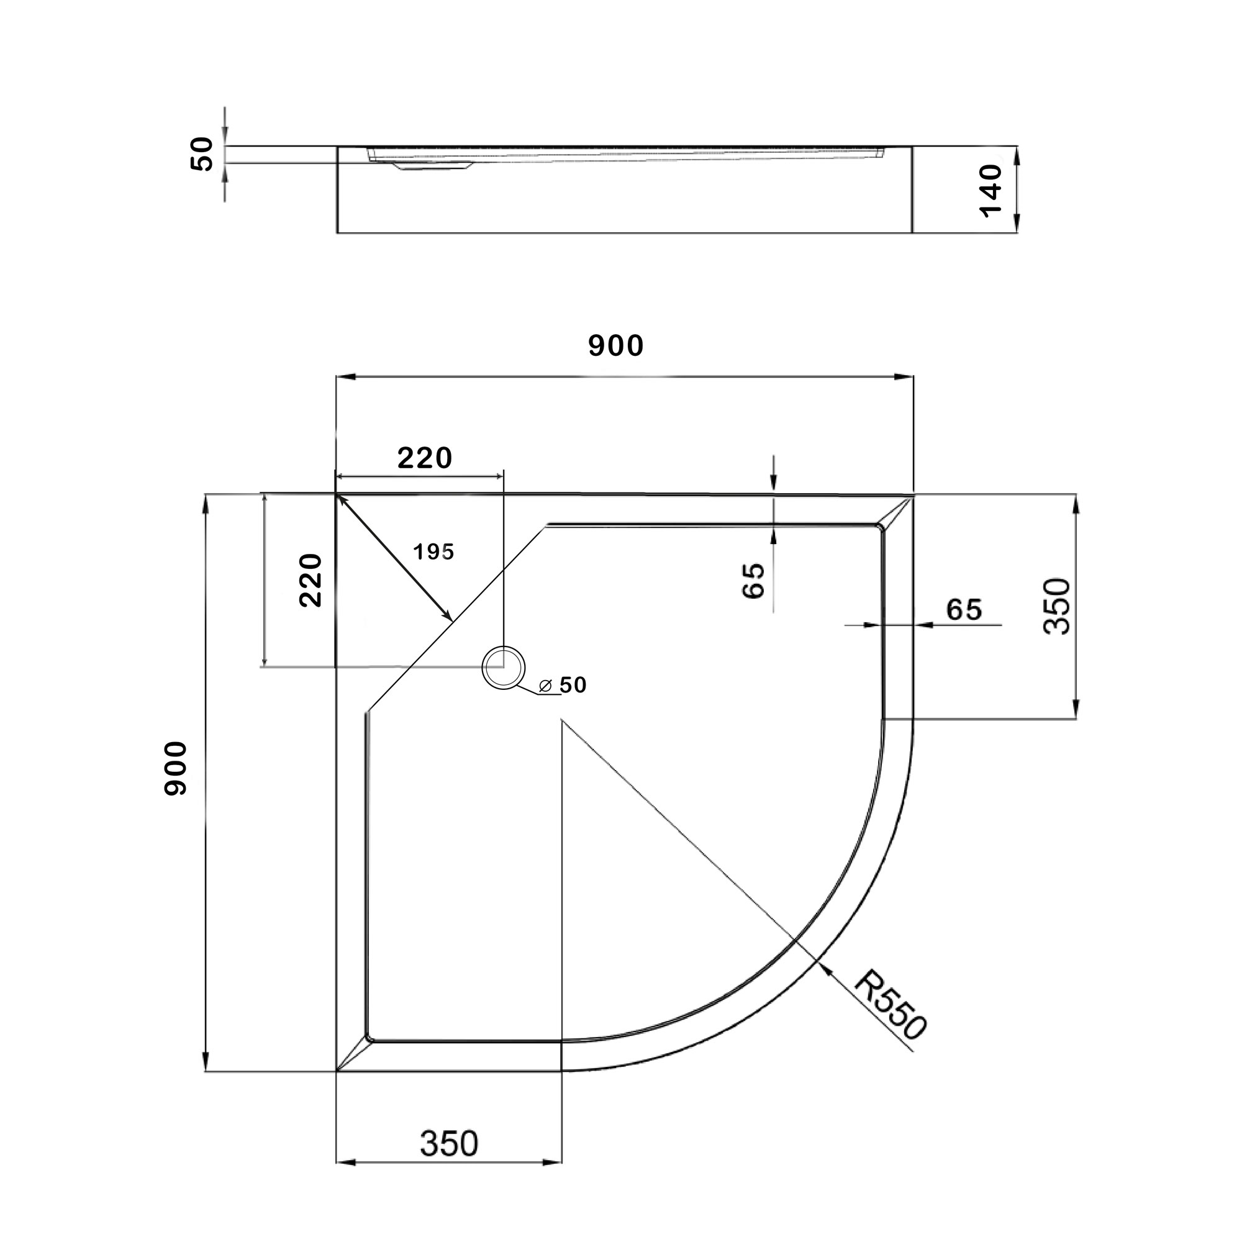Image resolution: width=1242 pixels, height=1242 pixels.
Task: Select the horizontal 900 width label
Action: (x=615, y=347)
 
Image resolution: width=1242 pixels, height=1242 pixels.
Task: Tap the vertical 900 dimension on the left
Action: (x=175, y=769)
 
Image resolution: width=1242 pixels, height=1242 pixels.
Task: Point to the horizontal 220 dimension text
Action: (x=425, y=458)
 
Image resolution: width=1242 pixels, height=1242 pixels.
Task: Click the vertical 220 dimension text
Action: (x=310, y=580)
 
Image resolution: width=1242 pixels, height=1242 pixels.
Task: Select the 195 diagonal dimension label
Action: (x=433, y=551)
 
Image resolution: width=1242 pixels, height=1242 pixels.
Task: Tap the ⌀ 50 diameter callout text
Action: (x=564, y=686)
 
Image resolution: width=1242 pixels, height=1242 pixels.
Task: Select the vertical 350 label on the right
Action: (x=1057, y=607)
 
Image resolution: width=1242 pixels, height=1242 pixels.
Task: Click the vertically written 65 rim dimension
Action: (x=753, y=581)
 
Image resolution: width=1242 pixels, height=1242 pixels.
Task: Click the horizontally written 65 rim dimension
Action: (x=964, y=609)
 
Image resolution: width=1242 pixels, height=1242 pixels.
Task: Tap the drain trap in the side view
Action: (x=433, y=166)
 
